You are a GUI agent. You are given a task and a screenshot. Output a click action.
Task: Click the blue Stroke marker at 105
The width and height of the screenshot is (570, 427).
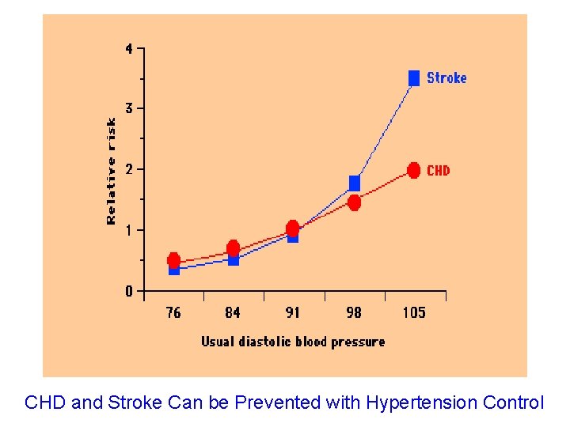click(413, 77)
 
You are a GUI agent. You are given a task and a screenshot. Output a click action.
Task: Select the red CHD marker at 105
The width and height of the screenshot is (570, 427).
click(413, 170)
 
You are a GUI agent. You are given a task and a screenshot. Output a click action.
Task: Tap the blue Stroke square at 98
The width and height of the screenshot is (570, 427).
click(354, 183)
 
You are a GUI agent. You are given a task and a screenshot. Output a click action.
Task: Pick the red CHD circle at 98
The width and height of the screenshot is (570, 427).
click(354, 203)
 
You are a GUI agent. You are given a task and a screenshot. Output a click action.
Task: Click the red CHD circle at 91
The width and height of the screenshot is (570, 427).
click(293, 228)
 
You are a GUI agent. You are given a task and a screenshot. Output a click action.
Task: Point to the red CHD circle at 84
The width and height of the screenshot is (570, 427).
click(233, 248)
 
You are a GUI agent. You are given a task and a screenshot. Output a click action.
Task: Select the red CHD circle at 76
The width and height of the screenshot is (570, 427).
click(173, 260)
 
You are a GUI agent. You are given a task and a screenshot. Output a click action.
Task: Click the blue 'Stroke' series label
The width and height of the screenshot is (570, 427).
click(446, 77)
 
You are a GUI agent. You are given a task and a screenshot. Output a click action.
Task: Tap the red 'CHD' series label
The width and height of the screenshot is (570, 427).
click(438, 170)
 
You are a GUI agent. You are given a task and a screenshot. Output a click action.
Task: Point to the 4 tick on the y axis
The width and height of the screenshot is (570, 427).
click(129, 48)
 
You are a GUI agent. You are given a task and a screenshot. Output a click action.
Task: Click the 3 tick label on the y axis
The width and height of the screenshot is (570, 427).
click(129, 108)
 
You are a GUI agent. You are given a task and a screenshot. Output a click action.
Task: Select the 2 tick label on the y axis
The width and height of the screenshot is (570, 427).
click(129, 169)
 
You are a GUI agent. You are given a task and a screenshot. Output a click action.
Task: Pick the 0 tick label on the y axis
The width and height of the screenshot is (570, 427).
click(129, 291)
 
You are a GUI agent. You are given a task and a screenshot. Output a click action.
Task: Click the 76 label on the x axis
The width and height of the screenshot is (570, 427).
click(173, 312)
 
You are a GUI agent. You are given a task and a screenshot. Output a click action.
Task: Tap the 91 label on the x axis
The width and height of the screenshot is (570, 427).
click(293, 312)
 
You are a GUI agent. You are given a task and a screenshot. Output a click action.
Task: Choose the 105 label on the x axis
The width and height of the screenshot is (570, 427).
click(413, 312)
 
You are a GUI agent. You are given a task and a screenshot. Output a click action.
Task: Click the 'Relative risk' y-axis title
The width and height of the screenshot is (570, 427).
click(111, 171)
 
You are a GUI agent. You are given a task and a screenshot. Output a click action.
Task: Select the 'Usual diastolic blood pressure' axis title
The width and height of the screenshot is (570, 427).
click(293, 342)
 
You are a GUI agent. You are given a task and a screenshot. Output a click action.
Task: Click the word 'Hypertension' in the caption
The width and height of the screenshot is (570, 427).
click(410, 402)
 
